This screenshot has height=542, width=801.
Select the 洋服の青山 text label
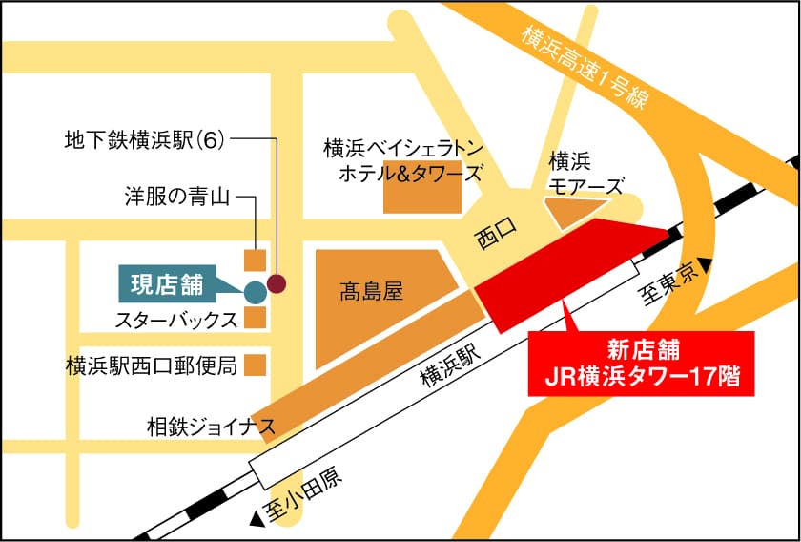click(177, 198)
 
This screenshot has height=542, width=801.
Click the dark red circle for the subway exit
click(277, 282)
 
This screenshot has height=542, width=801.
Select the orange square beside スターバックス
click(255, 318)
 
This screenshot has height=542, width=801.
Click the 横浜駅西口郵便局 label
click(151, 365)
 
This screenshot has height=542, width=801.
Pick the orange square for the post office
click(255, 365)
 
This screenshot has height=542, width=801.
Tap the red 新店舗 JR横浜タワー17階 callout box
click(641, 364)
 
